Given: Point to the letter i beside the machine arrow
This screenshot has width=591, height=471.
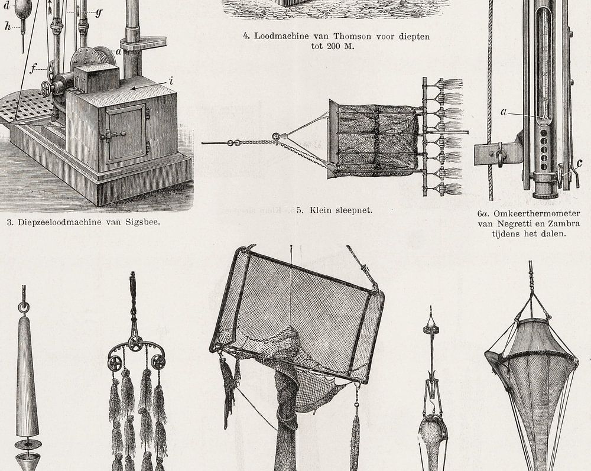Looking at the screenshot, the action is tap(171, 80).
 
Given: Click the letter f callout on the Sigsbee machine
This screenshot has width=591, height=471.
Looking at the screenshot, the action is tap(33, 69).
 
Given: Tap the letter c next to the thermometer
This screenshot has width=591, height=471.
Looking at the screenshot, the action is tap(580, 164).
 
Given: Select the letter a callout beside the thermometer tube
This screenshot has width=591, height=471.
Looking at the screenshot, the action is tap(504, 112).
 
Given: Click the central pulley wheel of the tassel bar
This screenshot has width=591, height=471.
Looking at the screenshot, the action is tap(134, 343).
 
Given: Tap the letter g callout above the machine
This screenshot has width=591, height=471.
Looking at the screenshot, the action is tap(99, 13).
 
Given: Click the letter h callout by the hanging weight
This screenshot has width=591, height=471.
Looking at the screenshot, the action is tap(8, 26).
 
